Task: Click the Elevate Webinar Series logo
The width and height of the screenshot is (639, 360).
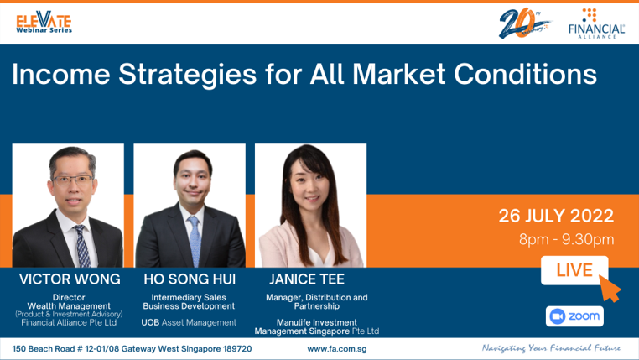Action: click(x=44, y=22)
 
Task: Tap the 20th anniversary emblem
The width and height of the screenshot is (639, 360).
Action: click(x=524, y=23)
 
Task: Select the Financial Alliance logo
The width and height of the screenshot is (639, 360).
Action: click(x=596, y=23)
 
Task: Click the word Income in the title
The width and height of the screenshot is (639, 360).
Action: click(x=61, y=74)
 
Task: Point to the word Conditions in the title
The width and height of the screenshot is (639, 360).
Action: click(x=525, y=74)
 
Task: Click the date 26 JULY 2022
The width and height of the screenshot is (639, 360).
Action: click(x=556, y=216)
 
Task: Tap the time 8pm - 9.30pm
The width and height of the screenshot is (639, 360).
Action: click(x=566, y=239)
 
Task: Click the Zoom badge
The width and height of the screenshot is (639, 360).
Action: click(x=574, y=316)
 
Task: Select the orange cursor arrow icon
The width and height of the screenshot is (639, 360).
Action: click(x=610, y=289)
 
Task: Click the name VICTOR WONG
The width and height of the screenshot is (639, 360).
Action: click(x=70, y=279)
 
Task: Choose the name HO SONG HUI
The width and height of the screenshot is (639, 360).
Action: click(x=190, y=279)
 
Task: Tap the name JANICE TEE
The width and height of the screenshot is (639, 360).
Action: click(x=307, y=279)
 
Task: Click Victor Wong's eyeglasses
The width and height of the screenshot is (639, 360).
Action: click(x=72, y=180)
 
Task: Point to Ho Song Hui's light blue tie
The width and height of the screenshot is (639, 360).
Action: click(x=195, y=241)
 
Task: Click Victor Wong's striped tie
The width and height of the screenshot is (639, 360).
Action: click(x=82, y=246)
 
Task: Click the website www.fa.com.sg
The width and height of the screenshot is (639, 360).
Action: click(x=336, y=349)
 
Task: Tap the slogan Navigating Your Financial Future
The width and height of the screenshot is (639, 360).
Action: click(x=552, y=348)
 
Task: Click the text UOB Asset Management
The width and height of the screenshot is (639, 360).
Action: click(x=189, y=322)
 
